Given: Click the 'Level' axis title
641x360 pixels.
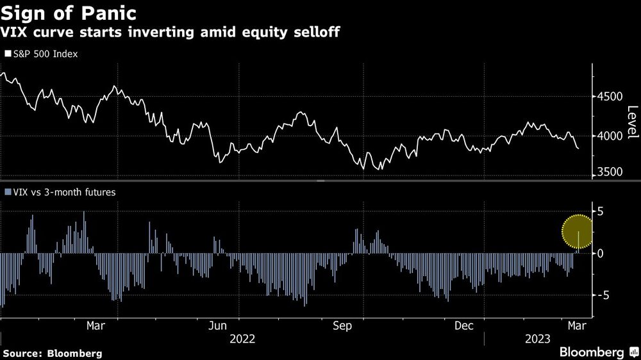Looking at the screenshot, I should pos(633,122).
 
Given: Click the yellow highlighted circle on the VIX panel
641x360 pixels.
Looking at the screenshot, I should pos(579,231).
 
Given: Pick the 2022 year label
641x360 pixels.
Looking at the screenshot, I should pos(242,339).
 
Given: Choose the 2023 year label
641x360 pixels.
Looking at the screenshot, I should pos(537,339).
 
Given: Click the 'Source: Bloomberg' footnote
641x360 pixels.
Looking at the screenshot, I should pos(52,353).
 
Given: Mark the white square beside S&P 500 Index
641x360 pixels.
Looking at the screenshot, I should pos(8,54).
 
